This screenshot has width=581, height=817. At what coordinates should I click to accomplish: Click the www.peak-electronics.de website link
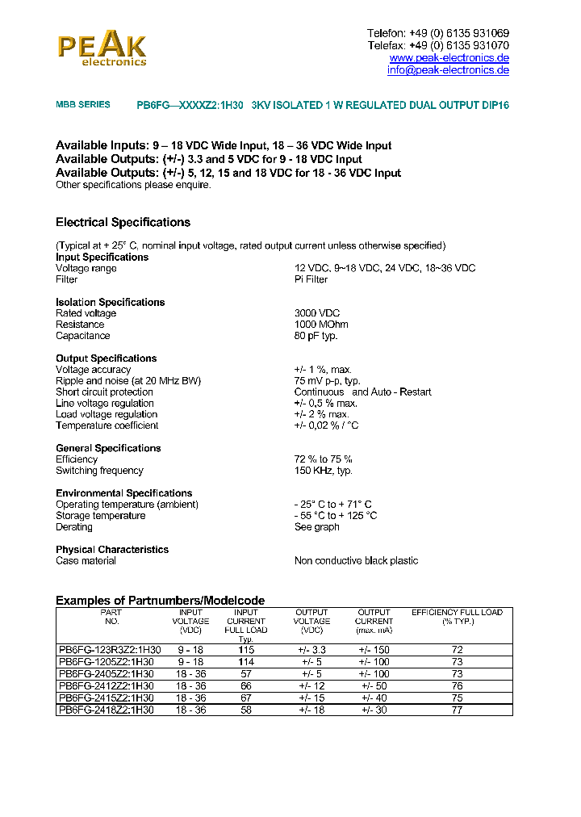[x=449, y=58]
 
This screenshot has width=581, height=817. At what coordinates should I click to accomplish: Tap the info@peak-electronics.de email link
[x=448, y=70]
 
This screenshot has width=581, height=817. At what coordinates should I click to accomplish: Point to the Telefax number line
[x=437, y=45]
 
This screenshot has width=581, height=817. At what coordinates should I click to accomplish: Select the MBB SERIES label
[x=83, y=105]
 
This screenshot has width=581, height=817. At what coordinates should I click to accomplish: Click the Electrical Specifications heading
[x=123, y=222]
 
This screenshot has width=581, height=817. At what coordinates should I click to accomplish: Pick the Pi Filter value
[x=311, y=279]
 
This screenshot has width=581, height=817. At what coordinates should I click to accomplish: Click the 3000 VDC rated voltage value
[x=317, y=313]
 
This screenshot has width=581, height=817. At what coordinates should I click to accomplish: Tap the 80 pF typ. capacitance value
[x=316, y=336]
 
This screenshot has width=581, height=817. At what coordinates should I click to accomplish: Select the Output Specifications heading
[x=106, y=358]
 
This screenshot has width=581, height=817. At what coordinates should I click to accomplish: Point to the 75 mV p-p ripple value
[x=327, y=381]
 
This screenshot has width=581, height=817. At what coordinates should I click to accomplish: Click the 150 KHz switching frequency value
[x=323, y=471]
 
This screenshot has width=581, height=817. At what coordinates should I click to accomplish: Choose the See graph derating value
[x=316, y=527]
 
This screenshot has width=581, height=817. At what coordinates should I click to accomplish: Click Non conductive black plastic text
[x=356, y=561]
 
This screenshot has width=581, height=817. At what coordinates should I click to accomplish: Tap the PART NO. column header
[x=111, y=617]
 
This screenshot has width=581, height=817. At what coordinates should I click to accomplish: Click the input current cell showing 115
[x=246, y=650]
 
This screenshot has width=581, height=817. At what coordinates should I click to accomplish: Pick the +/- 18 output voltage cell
[x=311, y=710]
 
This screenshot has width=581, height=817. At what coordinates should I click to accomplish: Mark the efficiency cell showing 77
[x=457, y=710]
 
